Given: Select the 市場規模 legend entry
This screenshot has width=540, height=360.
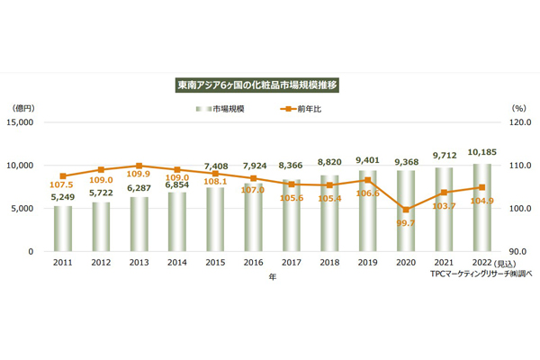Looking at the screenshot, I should (225, 109).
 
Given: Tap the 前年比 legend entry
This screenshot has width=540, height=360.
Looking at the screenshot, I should (299, 109).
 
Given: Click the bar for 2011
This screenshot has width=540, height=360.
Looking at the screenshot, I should (63, 229).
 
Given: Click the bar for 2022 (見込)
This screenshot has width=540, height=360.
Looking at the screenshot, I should (482, 208).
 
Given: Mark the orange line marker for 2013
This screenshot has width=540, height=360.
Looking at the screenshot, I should (139, 166).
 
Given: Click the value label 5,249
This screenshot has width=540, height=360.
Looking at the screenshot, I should (62, 197).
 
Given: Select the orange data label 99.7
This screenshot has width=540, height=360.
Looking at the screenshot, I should (406, 223).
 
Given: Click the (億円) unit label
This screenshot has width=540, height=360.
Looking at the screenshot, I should (28, 109).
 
